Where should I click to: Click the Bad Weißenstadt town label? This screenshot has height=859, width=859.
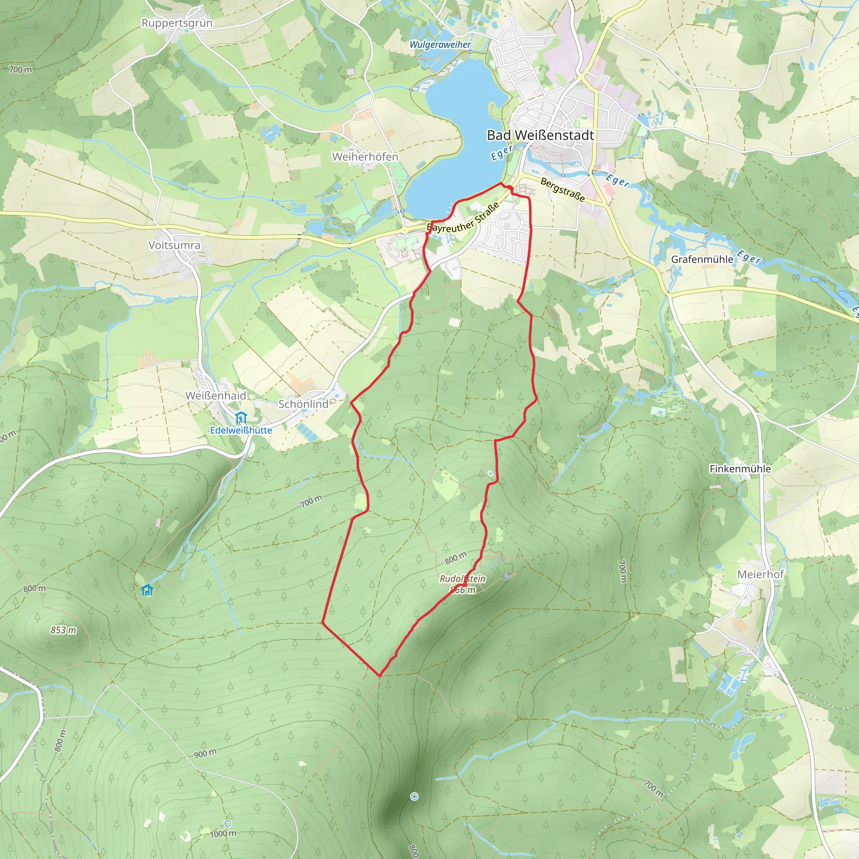[x=540, y=135]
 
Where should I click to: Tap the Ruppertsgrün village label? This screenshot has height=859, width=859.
[x=177, y=23]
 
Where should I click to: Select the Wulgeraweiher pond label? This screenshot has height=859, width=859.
[x=440, y=44]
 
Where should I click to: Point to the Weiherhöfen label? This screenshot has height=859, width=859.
[x=365, y=157]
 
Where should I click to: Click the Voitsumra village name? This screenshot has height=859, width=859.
[x=174, y=245]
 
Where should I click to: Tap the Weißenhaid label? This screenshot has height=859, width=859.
[x=216, y=395]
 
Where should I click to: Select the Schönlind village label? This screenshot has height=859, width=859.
[x=303, y=404]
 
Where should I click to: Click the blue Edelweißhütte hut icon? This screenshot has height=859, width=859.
[x=241, y=417]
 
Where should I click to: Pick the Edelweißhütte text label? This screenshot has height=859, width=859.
[x=241, y=430]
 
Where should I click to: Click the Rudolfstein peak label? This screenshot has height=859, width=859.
[x=462, y=578]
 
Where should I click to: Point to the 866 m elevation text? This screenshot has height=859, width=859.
[x=463, y=590]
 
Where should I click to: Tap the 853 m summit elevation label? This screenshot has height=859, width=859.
[x=63, y=630]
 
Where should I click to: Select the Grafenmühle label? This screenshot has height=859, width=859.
[x=702, y=259]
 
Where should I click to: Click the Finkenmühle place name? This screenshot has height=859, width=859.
[x=740, y=469]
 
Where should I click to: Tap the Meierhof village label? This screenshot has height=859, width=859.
[x=760, y=575]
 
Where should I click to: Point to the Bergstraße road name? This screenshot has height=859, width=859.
[x=562, y=190]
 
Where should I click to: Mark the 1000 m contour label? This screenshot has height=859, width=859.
[x=223, y=834]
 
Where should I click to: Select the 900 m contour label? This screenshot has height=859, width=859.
[x=205, y=753]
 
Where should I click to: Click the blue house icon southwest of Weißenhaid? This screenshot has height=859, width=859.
[x=147, y=590]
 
